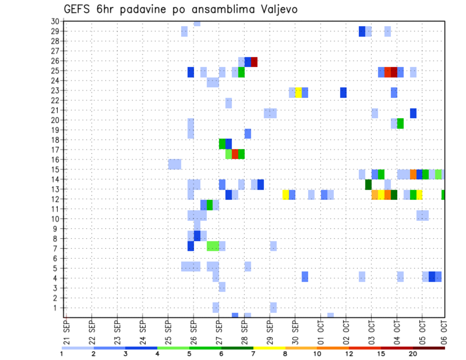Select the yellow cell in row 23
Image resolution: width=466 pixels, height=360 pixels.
click(299, 92)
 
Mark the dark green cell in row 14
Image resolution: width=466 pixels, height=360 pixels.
click(368, 184)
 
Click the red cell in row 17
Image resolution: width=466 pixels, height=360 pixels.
click(235, 154)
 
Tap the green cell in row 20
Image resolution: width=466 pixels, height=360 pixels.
click(400, 123)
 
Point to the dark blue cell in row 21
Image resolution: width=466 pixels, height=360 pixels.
click(413, 113)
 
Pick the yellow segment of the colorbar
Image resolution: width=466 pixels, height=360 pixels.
click(269, 348)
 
